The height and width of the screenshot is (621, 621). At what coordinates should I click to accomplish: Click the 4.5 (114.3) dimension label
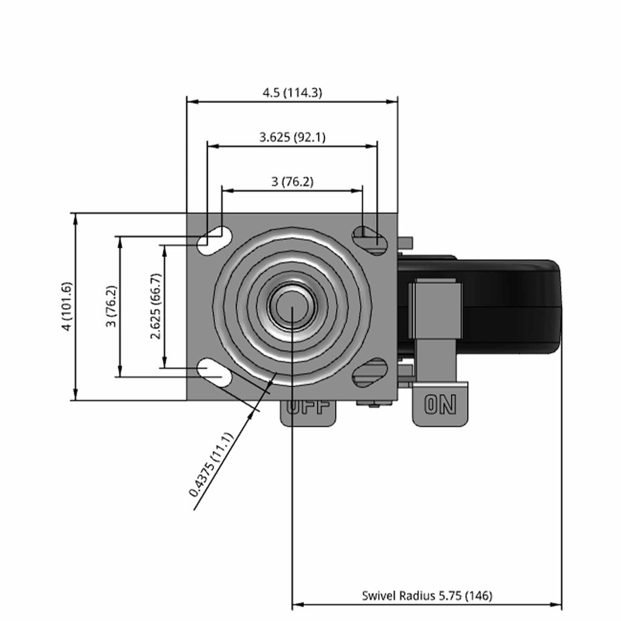pos(292,93)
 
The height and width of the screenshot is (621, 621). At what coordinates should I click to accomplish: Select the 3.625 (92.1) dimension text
pos(292,138)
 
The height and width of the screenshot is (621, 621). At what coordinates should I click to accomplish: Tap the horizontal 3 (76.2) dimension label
pos(292,182)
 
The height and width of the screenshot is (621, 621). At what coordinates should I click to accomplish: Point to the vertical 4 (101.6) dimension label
pos(67,306)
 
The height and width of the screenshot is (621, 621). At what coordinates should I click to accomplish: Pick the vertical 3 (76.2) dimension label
pos(112,306)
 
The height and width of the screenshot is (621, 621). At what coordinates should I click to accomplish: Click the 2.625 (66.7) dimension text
pos(156,306)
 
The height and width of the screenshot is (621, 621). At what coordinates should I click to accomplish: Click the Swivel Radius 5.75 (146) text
pos(427,596)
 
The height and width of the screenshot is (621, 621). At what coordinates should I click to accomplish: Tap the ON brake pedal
pos(440,404)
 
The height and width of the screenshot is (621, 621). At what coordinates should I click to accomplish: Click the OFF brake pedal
pos(307,413)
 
